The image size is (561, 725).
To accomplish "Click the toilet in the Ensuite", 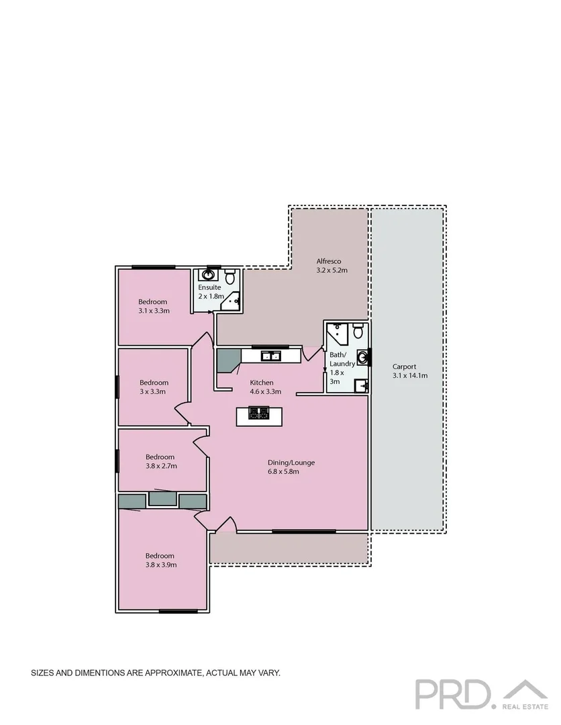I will [x=230, y=277].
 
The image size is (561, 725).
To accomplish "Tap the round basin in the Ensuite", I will [x=208, y=275].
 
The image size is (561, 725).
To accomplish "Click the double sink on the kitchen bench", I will [x=270, y=356].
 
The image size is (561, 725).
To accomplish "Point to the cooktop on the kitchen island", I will [x=258, y=414].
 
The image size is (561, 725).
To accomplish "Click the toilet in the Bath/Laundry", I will [x=358, y=331].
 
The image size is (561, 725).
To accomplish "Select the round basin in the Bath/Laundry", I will [x=363, y=358].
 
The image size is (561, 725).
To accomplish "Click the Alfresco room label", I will [x=329, y=261].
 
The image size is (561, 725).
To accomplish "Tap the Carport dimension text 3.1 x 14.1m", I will [x=409, y=376].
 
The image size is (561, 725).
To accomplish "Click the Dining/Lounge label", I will [x=291, y=463].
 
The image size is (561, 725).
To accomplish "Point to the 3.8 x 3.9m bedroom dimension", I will [x=160, y=565].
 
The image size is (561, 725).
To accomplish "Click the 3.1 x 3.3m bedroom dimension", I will [x=154, y=311].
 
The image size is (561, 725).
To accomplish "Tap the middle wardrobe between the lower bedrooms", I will [x=162, y=499].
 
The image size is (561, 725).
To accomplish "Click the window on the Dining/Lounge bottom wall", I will [x=304, y=532].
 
